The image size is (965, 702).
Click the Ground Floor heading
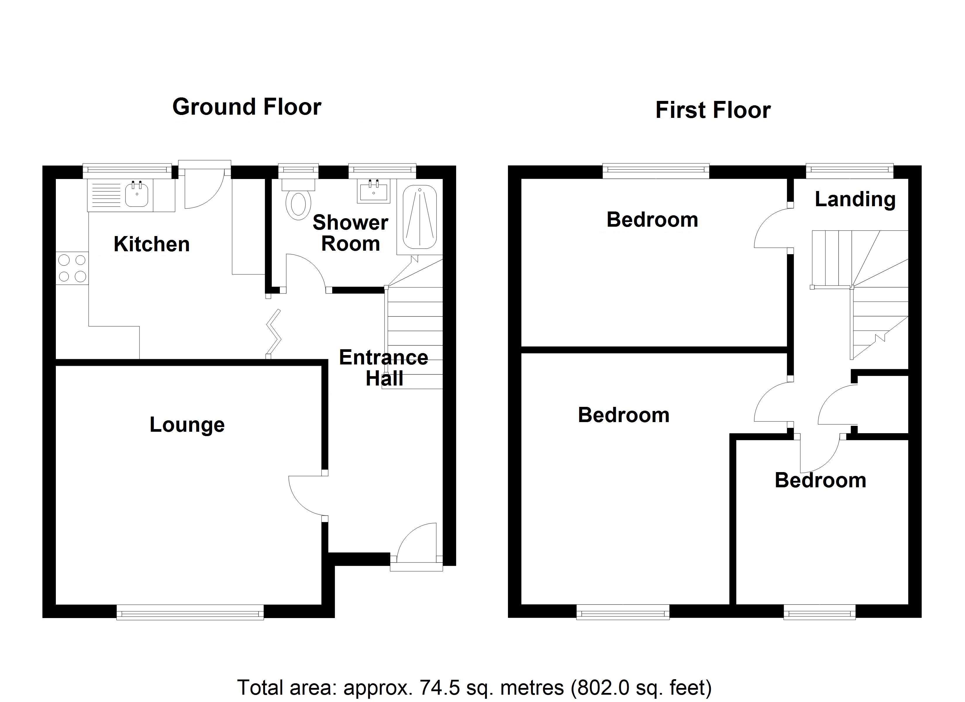tap(247, 106)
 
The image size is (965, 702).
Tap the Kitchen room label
tap(152, 244)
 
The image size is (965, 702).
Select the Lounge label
tap(187, 425)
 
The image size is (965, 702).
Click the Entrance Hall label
tap(384, 368)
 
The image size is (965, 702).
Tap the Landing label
tap(855, 199)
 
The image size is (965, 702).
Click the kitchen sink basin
tap(137, 194)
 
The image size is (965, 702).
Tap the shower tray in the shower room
tap(420, 218)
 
